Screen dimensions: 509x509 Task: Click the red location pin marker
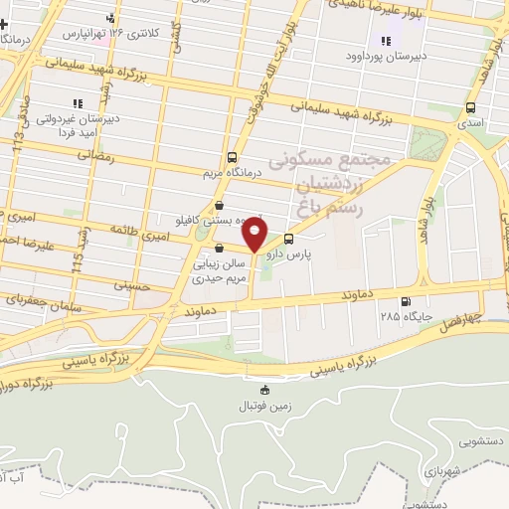click(x=255, y=236)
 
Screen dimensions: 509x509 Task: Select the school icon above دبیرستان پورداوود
click(x=386, y=41)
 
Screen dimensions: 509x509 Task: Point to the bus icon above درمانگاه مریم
click(x=232, y=157)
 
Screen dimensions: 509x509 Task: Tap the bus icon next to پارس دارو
click(x=289, y=239)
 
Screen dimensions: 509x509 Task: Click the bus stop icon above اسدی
click(x=470, y=107)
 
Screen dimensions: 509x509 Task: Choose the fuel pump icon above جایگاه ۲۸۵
click(x=404, y=302)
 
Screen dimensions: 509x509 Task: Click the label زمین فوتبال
click(x=264, y=406)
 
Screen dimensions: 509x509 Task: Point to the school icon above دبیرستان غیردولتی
click(x=76, y=103)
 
